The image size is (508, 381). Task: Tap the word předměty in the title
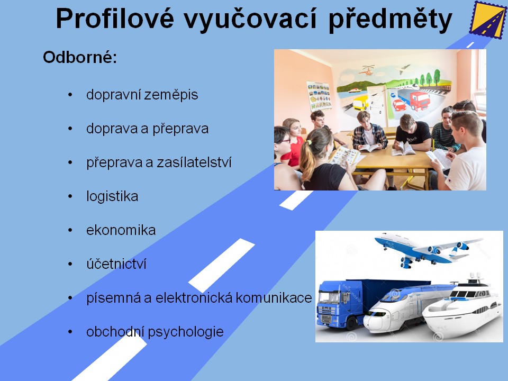pos(390,20)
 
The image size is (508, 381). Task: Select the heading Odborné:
pos(80,57)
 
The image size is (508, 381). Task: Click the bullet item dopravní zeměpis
pos(142,95)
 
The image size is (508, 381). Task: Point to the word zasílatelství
pos(194,162)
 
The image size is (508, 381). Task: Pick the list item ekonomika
pos(121,230)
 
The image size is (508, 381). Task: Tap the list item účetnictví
pos(116,264)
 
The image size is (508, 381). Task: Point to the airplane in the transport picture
pos(428,249)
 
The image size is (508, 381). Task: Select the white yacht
pos(464,308)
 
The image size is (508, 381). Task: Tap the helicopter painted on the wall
pos(367,70)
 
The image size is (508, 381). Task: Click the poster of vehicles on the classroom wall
pos(320,96)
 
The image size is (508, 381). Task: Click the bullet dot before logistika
pos(70,197)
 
